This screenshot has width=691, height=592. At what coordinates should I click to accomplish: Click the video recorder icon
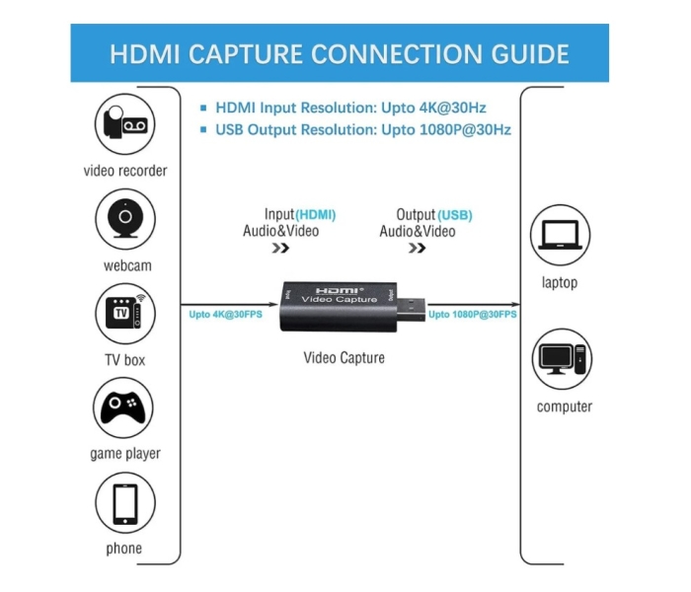(x=124, y=123)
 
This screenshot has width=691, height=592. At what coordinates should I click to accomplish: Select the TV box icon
(x=124, y=312)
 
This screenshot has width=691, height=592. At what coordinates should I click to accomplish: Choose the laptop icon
(x=560, y=236)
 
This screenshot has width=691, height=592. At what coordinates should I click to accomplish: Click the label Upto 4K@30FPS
(x=224, y=315)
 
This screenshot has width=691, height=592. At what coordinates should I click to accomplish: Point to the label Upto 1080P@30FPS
(x=473, y=315)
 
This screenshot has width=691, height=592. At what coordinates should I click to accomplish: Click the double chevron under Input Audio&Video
(x=280, y=249)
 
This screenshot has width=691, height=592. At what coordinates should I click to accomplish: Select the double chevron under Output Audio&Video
(x=417, y=249)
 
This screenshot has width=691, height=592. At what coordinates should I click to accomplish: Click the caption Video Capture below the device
(x=344, y=357)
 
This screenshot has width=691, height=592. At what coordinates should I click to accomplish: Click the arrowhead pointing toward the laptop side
(x=515, y=303)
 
